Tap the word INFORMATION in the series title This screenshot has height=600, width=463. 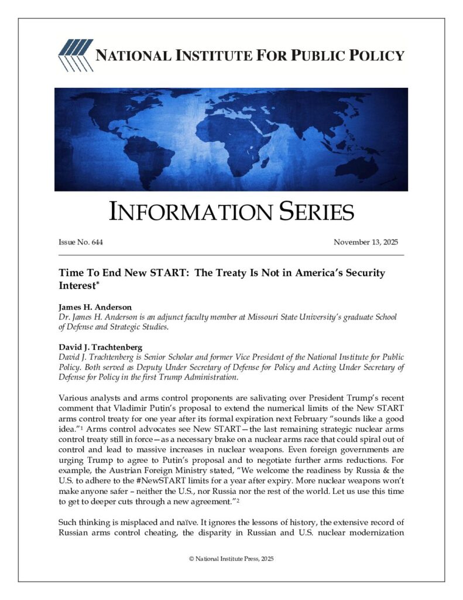click(x=181, y=212)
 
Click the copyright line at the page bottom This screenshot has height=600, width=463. click(x=231, y=559)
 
